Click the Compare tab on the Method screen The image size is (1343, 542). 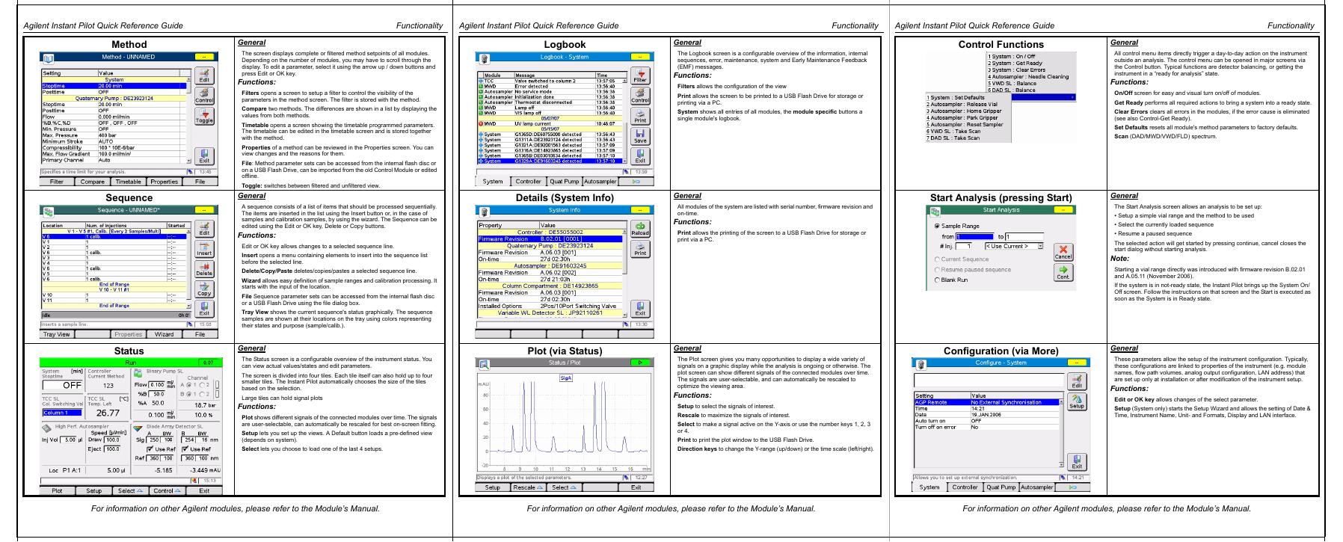[93, 182]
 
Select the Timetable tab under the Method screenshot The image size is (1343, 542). [129, 182]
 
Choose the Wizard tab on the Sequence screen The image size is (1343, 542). [165, 334]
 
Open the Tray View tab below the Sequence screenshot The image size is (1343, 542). [57, 334]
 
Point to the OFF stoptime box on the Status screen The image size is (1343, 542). [62, 385]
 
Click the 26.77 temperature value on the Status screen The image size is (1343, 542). [108, 413]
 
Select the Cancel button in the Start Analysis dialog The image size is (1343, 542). [1063, 251]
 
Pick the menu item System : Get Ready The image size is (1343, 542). [1016, 64]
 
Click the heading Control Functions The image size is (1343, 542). [1001, 45]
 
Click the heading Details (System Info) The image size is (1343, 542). [565, 198]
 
